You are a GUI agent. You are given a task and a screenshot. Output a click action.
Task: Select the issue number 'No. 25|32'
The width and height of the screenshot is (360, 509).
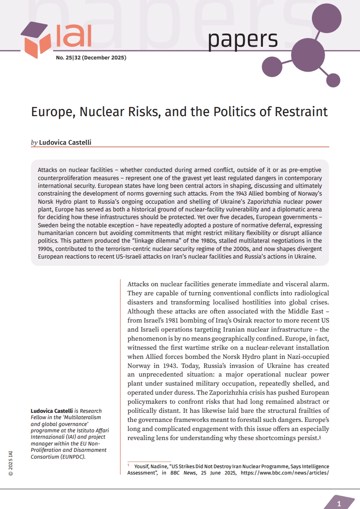click(68, 58)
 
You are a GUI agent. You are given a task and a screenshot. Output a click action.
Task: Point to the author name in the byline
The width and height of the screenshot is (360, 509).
click(65, 142)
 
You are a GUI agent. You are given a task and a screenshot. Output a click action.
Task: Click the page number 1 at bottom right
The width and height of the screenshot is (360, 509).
click(339, 504)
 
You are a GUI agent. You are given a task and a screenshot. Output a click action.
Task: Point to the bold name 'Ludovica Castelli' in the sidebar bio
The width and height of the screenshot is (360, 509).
click(51, 411)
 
